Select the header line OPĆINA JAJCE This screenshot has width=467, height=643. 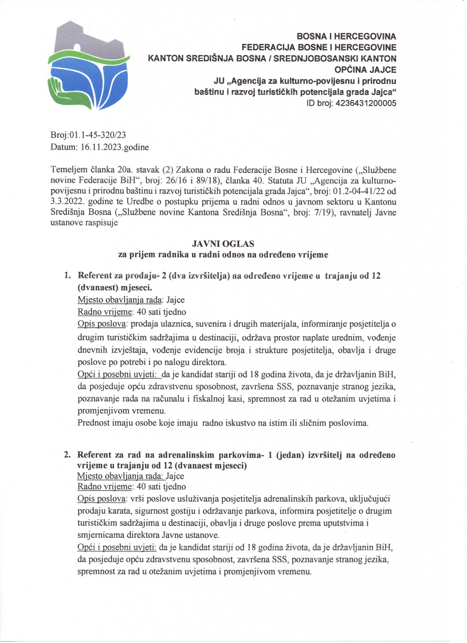365,70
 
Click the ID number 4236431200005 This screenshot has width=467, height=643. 366,103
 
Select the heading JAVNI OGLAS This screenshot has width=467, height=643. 223,244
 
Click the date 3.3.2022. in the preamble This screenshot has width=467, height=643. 63,202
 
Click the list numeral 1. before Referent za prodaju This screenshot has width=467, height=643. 67,275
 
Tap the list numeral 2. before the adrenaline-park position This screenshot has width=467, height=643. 67,455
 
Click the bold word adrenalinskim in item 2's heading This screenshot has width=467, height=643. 186,455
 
